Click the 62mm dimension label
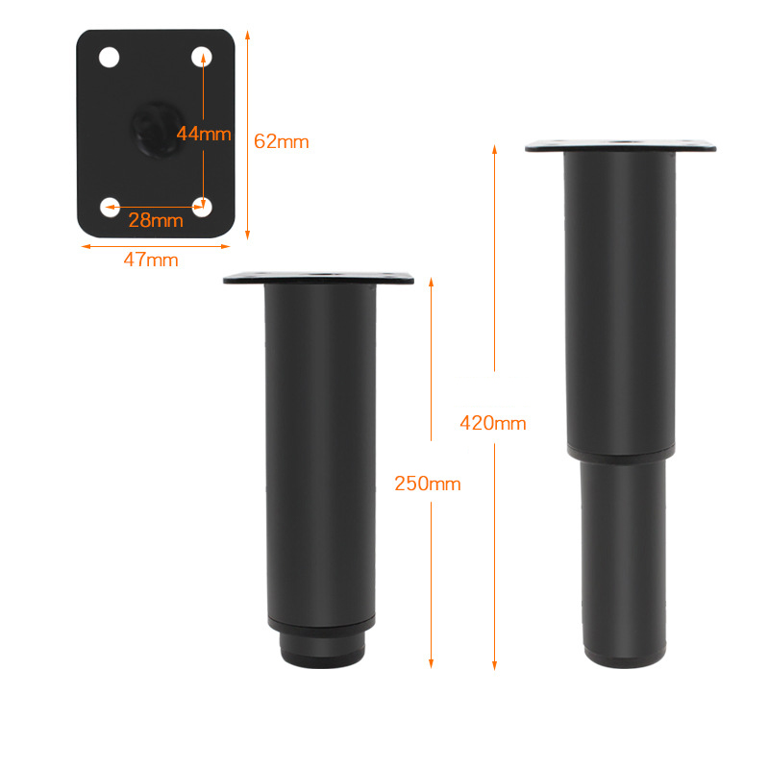(x=281, y=141)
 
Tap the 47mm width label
(x=151, y=260)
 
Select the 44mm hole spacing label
(x=204, y=134)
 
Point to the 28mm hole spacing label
(x=156, y=220)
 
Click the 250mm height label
(x=428, y=484)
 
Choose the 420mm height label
(x=493, y=423)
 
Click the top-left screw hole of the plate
(x=109, y=58)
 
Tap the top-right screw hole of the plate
(x=202, y=57)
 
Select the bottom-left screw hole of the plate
(x=110, y=207)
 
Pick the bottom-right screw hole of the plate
(x=202, y=207)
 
